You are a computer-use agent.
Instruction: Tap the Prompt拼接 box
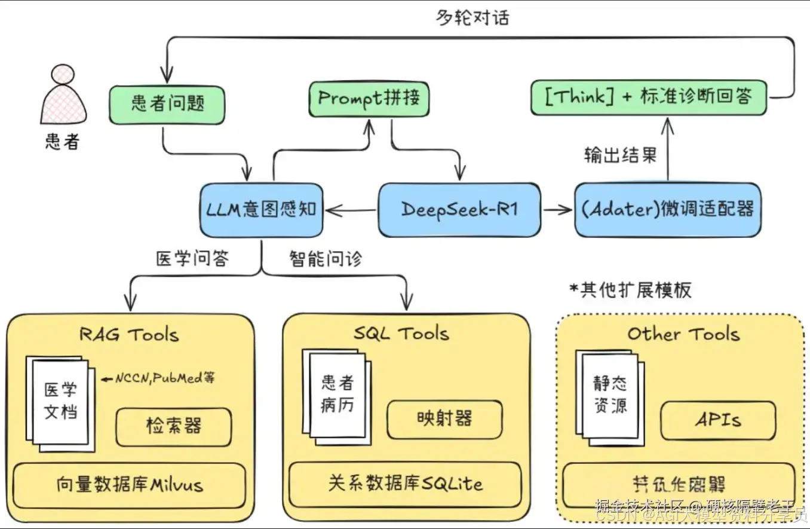369,99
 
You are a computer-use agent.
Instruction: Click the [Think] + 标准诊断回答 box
648,97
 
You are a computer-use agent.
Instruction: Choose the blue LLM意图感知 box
262,210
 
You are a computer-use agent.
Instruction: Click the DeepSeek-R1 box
459,209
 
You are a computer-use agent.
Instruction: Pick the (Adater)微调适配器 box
667,210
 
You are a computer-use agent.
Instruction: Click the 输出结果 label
620,155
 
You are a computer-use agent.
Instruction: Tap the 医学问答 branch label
192,258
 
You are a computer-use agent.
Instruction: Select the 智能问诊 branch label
326,258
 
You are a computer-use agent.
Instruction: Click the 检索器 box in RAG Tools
173,427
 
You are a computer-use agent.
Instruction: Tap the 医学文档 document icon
60,400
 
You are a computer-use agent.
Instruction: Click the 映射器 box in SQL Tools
444,418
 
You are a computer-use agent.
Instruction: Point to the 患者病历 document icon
337,395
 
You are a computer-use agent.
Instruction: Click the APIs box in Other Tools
717,420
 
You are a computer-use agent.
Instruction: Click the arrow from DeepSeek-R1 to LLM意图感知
351,210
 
